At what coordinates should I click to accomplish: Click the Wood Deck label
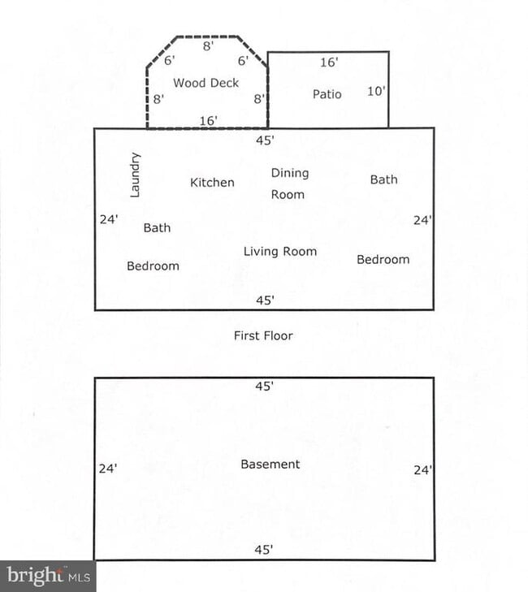(x=206, y=83)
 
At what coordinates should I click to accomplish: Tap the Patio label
(x=327, y=94)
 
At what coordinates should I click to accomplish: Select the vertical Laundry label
(x=136, y=174)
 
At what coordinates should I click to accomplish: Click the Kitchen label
(x=212, y=183)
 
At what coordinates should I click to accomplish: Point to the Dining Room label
(x=289, y=184)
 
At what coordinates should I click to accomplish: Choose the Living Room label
(x=280, y=252)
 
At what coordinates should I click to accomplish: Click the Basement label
(x=270, y=465)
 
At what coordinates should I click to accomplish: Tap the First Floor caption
(x=263, y=335)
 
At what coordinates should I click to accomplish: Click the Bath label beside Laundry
(x=157, y=228)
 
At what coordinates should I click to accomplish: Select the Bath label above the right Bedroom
(x=383, y=179)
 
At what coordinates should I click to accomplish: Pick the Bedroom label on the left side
(x=153, y=266)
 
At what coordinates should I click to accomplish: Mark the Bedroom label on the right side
(x=383, y=260)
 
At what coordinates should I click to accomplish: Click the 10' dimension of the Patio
(x=375, y=91)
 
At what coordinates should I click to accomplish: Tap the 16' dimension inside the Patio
(x=329, y=62)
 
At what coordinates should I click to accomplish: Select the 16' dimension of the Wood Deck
(x=208, y=120)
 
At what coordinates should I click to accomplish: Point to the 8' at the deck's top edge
(x=208, y=46)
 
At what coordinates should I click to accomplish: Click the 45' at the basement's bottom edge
(x=264, y=550)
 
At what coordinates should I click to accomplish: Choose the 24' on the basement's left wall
(x=108, y=469)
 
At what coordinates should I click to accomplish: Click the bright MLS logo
(x=47, y=576)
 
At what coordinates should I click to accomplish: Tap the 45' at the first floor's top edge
(x=265, y=140)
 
